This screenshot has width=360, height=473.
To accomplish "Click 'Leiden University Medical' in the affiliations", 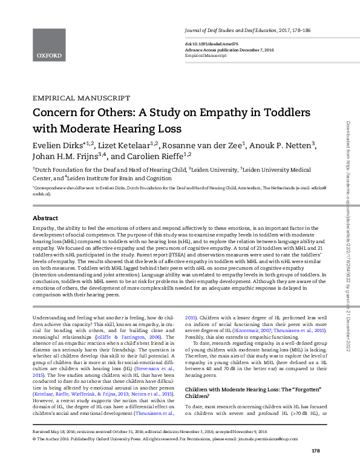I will coord(285,171).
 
